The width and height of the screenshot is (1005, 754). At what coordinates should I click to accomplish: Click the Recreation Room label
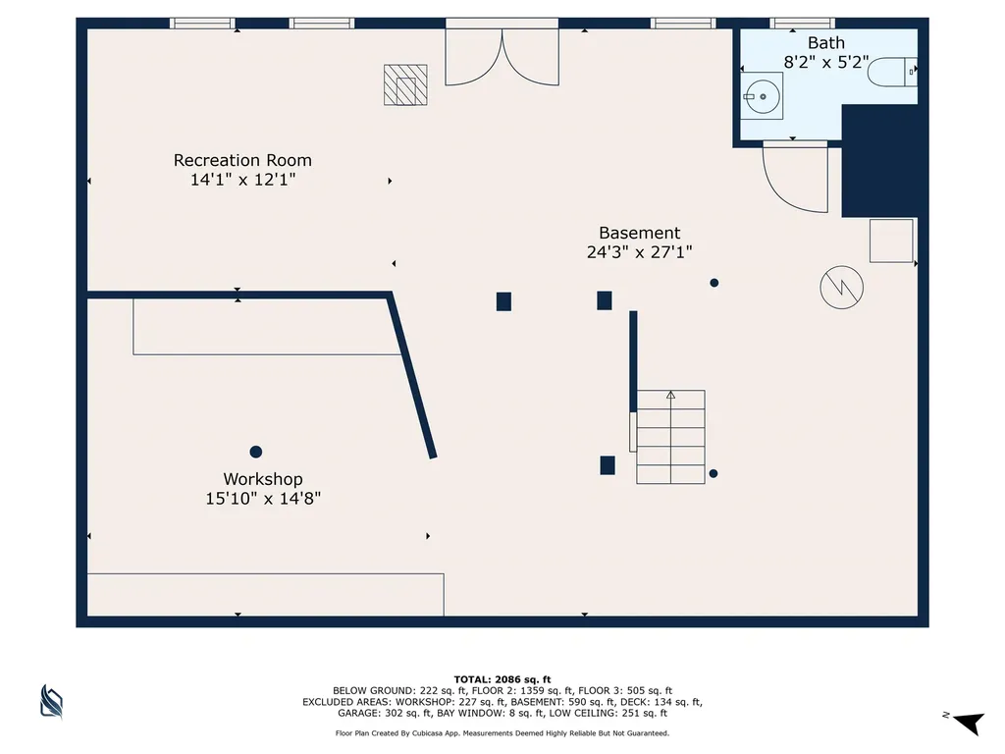(x=242, y=160)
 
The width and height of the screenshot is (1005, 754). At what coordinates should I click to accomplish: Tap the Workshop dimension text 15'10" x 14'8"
(x=263, y=498)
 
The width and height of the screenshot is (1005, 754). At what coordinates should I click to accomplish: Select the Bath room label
(x=825, y=43)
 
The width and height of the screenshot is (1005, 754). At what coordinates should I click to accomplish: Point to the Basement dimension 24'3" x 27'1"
(x=639, y=252)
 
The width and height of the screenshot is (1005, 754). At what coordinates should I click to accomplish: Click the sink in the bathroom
(x=762, y=96)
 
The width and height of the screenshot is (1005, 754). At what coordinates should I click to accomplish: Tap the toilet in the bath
(x=892, y=72)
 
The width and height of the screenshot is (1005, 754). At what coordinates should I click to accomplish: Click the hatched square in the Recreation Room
(x=405, y=84)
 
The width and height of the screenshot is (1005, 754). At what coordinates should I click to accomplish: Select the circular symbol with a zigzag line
(x=841, y=288)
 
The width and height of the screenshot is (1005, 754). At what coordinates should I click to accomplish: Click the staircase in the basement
(x=670, y=437)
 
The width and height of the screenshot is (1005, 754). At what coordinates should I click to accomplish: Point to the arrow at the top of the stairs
(x=670, y=395)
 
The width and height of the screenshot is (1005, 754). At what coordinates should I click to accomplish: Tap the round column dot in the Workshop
(x=256, y=452)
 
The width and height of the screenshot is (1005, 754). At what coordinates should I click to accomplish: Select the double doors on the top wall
(x=502, y=52)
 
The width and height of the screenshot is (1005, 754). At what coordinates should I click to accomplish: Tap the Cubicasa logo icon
(x=51, y=701)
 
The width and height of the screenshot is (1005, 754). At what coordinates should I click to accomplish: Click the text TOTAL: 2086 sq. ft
(x=502, y=679)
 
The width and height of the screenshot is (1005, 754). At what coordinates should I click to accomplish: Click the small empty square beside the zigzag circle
(x=891, y=241)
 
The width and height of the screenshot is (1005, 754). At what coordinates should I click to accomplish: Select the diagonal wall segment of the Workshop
(x=411, y=376)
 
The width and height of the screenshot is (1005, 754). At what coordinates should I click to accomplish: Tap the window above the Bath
(x=802, y=24)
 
